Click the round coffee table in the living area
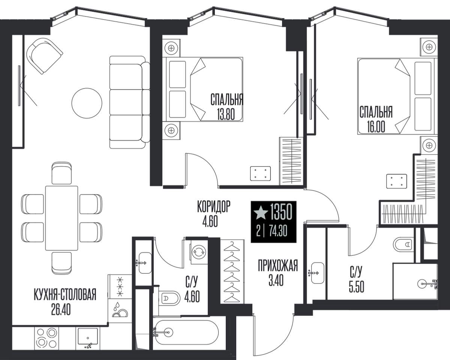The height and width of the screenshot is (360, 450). pos(87,103)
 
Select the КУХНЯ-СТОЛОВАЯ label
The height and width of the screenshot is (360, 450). pos(65,294)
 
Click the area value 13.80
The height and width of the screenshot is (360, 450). pos(226,114)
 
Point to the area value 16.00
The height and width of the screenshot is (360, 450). pos(376,127)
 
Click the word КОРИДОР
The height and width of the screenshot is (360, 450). pos(214,207)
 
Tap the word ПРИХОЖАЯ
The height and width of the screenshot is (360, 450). pos(278,265)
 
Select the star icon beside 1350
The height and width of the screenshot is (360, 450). pos(261,213)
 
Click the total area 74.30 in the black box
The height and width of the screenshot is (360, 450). pos(278,232)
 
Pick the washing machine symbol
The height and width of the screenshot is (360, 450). pos(198,252)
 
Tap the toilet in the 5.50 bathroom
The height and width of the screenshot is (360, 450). pos(403,244)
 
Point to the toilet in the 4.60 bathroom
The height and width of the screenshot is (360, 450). pos(169,298)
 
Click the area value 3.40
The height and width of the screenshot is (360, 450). pos(276,280)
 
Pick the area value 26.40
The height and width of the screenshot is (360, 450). pos(61,310)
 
